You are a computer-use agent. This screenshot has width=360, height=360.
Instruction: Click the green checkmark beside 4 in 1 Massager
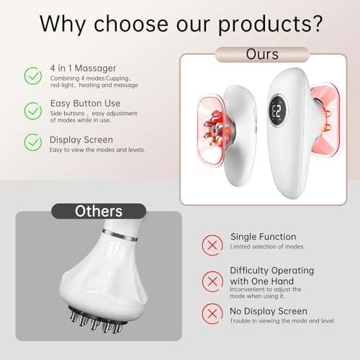[33, 76]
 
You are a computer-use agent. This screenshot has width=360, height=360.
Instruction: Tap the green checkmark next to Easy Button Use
[33, 111]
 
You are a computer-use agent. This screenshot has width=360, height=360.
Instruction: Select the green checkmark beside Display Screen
[33, 143]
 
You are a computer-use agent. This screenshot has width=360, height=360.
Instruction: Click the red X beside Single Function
[212, 246]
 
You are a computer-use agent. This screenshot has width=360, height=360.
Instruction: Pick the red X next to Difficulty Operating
[212, 282]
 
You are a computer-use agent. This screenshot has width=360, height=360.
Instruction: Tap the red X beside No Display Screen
[212, 313]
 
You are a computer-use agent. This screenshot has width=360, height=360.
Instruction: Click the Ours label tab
[262, 55]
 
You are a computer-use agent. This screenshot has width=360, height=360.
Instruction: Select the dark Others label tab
[99, 211]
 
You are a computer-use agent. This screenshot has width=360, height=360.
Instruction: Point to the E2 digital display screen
[278, 111]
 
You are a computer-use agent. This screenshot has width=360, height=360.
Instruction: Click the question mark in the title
[318, 24]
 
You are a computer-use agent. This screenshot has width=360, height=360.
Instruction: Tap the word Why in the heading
[63, 24]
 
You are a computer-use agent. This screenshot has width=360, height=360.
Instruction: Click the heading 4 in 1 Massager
[83, 68]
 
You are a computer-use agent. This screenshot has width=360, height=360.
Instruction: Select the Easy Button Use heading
[85, 103]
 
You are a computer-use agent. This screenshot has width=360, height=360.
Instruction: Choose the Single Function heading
[264, 237]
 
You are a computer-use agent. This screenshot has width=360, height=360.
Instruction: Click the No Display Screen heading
[269, 311]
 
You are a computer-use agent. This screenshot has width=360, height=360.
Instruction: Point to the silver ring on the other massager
[120, 235]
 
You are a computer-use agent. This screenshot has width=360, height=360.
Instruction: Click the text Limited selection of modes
[266, 246]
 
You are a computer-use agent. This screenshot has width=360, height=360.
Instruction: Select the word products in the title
[265, 24]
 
